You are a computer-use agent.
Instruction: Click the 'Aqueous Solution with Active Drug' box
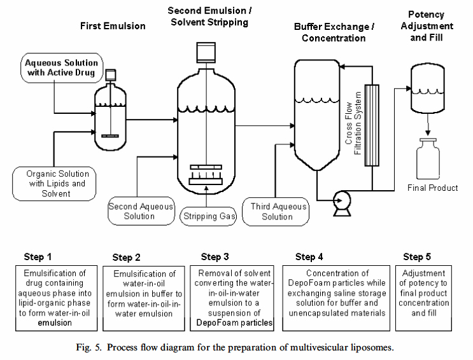click(x=62, y=68)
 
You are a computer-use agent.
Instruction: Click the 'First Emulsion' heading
click(x=113, y=26)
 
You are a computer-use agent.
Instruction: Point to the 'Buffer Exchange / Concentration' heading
click(x=334, y=32)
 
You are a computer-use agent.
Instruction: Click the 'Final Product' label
click(x=432, y=188)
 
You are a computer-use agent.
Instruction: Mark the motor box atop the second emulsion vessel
click(x=207, y=52)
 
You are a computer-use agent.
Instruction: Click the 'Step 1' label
click(x=38, y=257)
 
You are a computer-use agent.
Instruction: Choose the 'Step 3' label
click(x=215, y=257)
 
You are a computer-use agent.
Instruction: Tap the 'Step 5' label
click(x=417, y=257)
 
